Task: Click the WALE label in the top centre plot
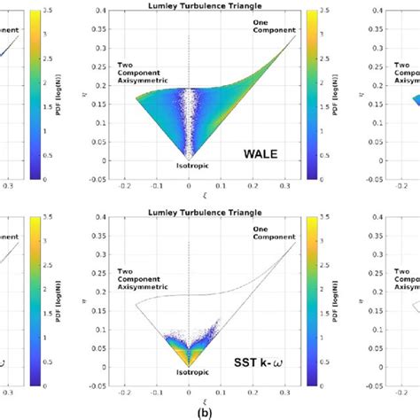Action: tap(261, 152)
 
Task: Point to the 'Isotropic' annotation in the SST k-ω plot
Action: tap(189, 373)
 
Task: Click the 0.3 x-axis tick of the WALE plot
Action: tap(284, 188)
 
